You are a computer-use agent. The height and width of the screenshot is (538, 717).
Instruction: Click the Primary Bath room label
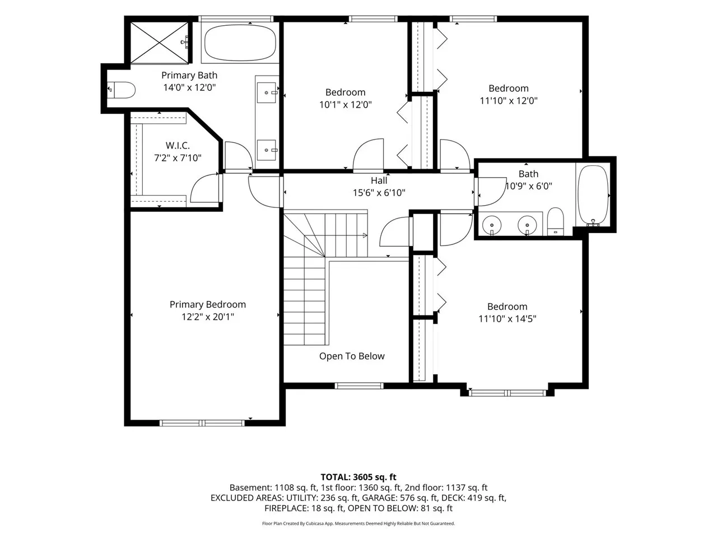click(189, 76)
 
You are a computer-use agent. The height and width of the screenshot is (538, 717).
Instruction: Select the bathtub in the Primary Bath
click(240, 43)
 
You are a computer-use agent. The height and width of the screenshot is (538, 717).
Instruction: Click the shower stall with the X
click(160, 43)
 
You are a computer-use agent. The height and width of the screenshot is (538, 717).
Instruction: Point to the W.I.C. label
click(178, 145)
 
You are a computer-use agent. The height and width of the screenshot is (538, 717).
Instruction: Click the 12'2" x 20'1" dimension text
click(208, 317)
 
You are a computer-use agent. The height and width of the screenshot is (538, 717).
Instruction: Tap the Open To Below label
click(352, 356)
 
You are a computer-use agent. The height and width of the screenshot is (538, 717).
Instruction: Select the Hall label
click(379, 180)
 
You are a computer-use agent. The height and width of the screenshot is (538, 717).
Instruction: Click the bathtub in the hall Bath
click(593, 196)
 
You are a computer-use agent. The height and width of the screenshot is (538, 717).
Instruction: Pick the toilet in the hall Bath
click(556, 221)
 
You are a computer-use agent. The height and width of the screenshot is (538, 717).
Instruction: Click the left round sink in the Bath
click(492, 225)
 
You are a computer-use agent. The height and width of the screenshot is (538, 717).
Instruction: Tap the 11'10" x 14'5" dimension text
click(508, 318)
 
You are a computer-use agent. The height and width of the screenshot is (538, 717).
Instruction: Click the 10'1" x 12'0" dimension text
click(345, 105)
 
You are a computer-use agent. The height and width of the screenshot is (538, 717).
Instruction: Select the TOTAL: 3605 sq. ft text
click(358, 477)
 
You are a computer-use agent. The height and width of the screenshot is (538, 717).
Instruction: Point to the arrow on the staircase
click(365, 235)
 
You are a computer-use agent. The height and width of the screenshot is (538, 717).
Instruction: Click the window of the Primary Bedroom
click(202, 423)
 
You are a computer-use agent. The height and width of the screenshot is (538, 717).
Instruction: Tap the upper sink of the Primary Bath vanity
click(267, 93)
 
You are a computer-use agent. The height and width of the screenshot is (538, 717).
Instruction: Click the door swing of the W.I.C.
click(204, 188)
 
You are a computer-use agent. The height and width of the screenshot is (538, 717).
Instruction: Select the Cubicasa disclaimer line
click(358, 523)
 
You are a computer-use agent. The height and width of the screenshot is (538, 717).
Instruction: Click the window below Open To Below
click(359, 386)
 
